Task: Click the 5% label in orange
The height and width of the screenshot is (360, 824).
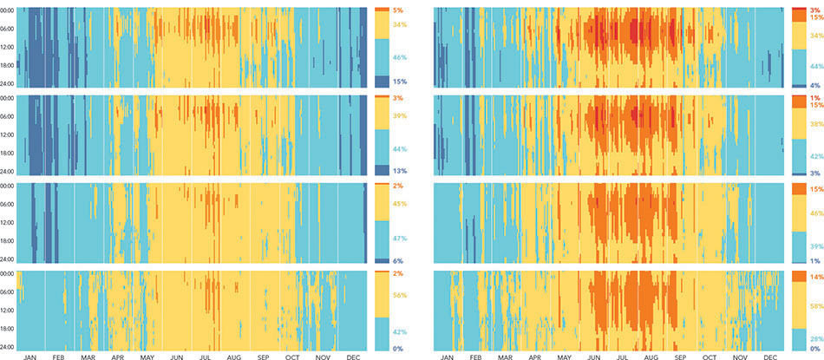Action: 398,10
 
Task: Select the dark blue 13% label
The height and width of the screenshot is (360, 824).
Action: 398,171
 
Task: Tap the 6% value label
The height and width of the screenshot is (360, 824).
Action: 398,260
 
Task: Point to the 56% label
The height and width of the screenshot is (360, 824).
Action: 398,295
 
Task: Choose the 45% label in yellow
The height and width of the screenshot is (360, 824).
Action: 398,204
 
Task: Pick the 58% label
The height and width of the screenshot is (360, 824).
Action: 815,305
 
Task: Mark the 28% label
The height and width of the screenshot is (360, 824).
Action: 815,339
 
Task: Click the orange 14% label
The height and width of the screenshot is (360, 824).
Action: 815,276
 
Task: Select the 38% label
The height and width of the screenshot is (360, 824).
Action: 815,124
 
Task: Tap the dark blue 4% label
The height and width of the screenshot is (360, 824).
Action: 815,86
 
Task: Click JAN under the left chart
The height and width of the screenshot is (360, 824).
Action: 29,357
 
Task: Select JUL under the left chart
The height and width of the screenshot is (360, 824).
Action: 205,357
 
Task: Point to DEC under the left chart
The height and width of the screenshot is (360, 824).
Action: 352,357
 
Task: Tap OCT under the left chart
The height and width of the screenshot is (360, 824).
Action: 292,357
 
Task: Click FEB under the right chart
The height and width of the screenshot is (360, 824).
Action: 476,357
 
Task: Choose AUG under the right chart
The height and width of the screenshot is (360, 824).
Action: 652,357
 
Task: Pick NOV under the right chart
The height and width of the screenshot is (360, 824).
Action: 741,357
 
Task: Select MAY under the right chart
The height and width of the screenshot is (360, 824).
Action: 564,357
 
